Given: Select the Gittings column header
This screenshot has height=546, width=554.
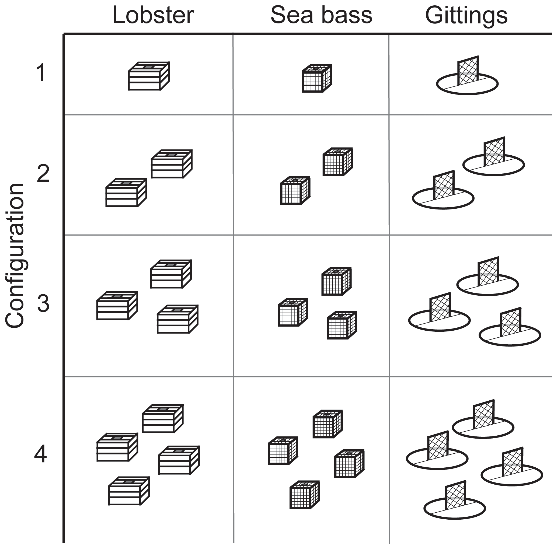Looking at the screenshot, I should pos(466,16).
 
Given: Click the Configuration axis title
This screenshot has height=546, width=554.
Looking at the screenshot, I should pos(15,255).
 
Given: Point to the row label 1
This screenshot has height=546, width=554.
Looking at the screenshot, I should pos(41,72).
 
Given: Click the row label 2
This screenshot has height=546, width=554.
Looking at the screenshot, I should pos(43,174).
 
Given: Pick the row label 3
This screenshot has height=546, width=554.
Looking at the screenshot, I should pos(43,303).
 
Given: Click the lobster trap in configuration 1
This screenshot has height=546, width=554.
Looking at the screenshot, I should pos(149,76).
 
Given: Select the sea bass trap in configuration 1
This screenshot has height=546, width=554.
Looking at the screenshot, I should pos(317,78).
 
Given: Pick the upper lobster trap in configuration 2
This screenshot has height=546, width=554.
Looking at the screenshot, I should pos(172,164).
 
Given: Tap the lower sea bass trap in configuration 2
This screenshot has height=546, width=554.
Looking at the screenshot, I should pos(295,191).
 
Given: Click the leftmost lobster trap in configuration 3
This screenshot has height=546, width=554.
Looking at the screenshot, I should pos(117,306).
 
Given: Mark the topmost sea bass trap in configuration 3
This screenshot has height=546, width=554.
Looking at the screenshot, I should pos(336,281).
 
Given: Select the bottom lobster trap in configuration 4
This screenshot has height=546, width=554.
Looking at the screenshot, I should pos(129,491).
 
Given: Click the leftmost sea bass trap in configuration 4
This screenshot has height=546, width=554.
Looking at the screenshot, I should pos(283,450).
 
